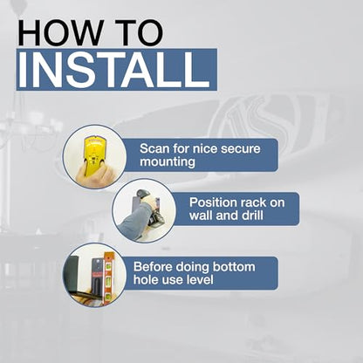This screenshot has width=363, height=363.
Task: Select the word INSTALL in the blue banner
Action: coord(114,70)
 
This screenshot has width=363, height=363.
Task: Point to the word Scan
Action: coord(154,148)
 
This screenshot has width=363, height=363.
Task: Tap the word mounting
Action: coord(168,162)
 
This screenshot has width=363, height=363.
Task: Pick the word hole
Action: coord(144,280)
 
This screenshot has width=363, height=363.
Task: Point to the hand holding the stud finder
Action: coord(93,176)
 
